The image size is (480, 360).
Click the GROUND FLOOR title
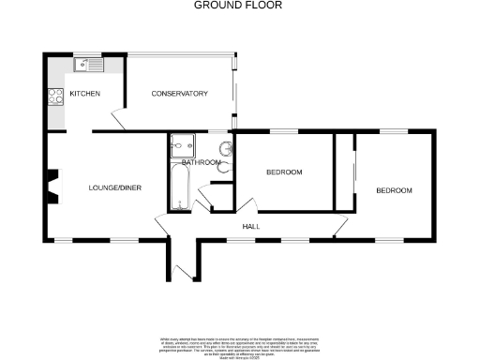238,6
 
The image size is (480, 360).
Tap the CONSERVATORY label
179,94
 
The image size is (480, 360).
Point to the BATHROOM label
202,163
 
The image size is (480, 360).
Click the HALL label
251,227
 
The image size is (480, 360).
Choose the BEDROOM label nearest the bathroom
284,172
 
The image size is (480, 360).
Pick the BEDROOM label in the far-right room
394,191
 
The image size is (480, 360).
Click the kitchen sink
89,66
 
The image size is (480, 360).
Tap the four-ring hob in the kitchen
52,97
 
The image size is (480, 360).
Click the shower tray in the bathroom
180,146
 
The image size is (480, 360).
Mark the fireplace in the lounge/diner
52,185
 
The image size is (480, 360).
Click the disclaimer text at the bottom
239,343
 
